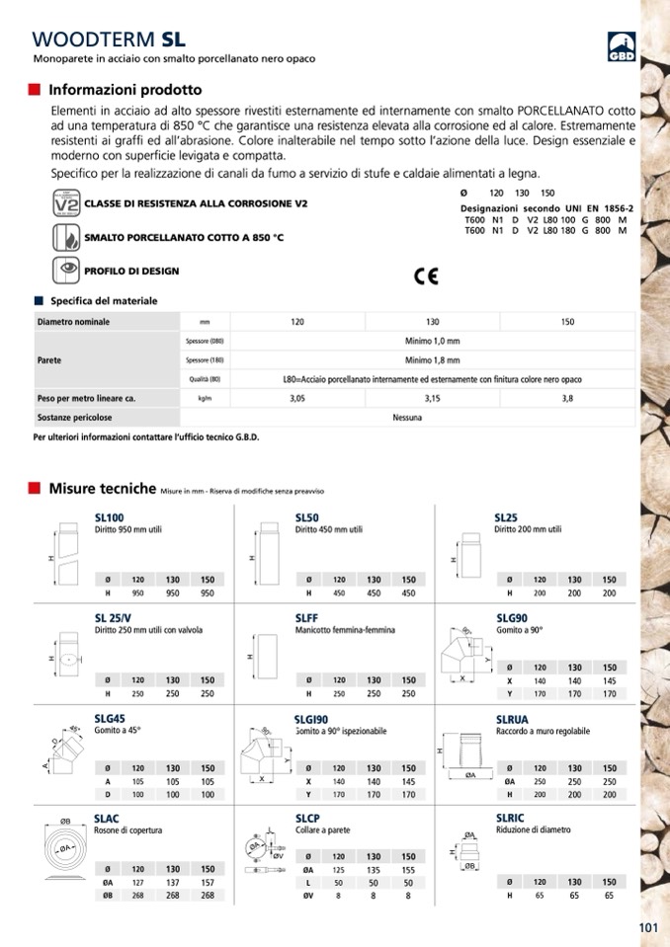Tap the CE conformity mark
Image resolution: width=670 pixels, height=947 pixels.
pos(427,276)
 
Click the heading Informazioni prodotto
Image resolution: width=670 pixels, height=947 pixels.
pos(125,90)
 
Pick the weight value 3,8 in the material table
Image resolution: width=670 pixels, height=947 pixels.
pos(567,398)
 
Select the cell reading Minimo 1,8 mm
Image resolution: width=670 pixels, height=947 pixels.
pos(432,360)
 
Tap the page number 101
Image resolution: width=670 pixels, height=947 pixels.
pos(648,926)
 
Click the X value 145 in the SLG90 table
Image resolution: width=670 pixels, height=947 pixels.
pos(609,681)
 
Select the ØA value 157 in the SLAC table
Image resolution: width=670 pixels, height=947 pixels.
pos(207,884)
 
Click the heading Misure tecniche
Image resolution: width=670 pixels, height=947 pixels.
pos(102,488)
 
